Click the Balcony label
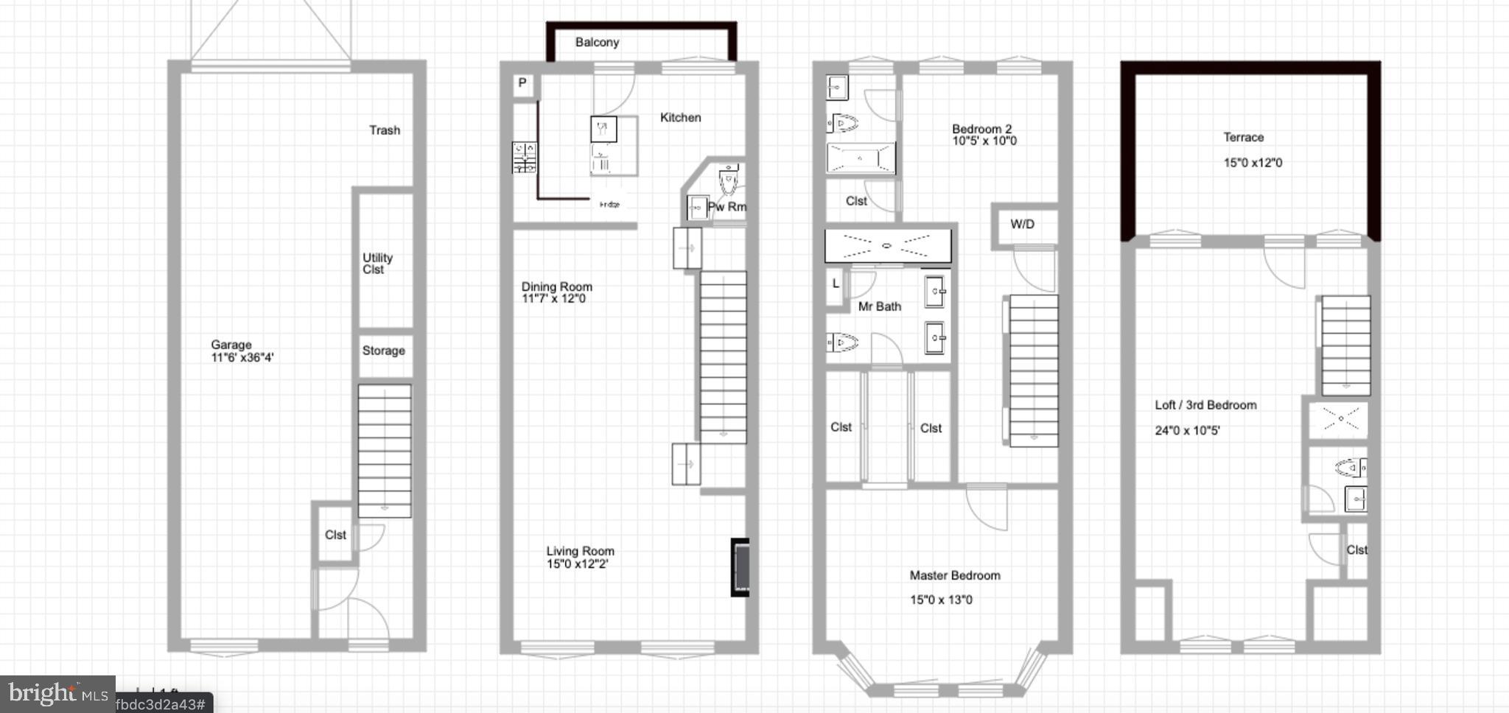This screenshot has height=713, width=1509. point(597,43)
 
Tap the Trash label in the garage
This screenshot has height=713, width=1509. point(385,130)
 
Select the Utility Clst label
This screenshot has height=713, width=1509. point(377,264)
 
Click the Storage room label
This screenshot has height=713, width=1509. point(383,351)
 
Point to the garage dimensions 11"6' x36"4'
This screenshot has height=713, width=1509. point(242,358)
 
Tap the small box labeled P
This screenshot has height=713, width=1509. point(522,83)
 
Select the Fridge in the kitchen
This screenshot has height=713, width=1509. point(609,205)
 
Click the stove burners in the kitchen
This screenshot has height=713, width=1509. point(525,158)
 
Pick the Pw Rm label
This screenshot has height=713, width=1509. point(727,207)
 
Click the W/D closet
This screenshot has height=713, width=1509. point(1023,225)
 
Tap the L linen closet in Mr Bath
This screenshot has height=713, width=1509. point(836,284)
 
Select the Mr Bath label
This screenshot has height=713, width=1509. point(880,306)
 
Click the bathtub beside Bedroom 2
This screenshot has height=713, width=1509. point(861,158)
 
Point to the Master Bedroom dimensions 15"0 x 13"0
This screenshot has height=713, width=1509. point(941,600)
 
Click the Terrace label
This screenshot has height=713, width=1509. point(1244,138)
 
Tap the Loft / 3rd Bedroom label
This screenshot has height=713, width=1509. point(1205,405)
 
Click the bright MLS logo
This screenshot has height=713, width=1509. point(57,694)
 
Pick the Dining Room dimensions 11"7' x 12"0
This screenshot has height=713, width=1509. point(553,299)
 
